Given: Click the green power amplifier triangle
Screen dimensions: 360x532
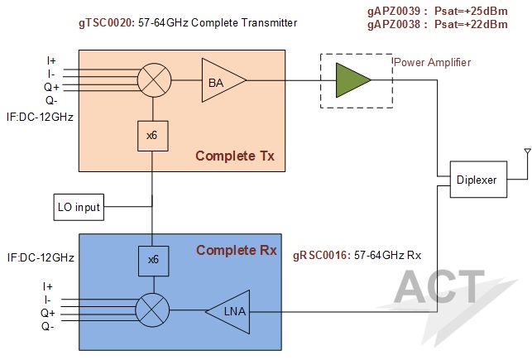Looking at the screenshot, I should pos(351,80).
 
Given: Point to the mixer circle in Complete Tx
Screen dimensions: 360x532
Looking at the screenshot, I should pos(152,80).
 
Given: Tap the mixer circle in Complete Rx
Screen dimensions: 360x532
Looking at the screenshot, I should pos(152,311).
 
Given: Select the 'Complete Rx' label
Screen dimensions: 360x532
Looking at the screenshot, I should pos(236,251).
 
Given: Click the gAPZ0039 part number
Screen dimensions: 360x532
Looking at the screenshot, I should pos(394,11).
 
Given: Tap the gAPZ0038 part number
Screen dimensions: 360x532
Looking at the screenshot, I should pos(394,24).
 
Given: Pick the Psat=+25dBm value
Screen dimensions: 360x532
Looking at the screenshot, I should pos(472,11).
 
